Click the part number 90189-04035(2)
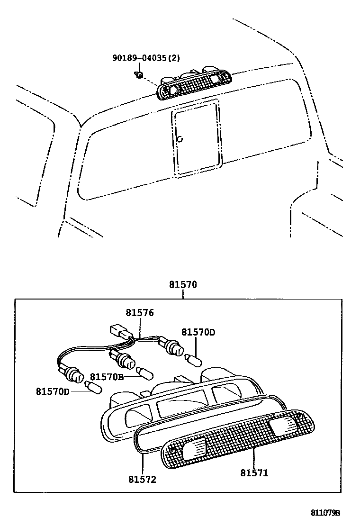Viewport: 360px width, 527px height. click(x=146, y=58)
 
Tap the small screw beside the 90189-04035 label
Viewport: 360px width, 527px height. click(x=139, y=74)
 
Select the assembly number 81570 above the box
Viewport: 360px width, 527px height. click(x=183, y=285)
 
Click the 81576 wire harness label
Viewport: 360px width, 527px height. click(x=140, y=313)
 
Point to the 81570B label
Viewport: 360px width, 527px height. click(x=107, y=377)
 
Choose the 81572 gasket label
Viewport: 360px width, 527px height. click(x=142, y=479)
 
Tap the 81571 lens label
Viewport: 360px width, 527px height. click(x=254, y=472)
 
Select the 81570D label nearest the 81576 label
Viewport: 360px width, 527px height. click(x=198, y=332)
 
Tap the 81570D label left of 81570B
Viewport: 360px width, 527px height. click(x=52, y=391)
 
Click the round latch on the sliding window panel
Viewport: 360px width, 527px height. click(x=180, y=139)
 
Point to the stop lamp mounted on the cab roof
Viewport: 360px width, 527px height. click(x=194, y=84)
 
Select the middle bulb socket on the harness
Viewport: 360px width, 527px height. click(x=125, y=360)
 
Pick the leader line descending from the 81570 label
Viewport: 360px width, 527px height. click(x=183, y=294)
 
